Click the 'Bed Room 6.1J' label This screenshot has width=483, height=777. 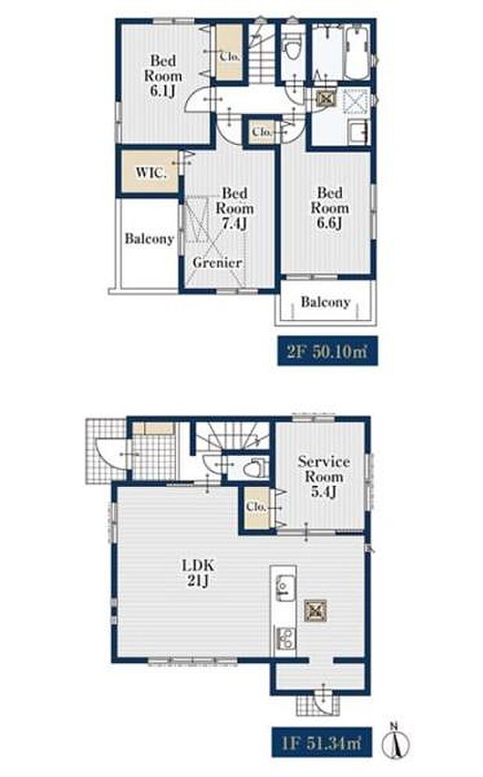(x=163, y=76)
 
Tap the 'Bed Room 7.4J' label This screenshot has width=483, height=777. (x=234, y=208)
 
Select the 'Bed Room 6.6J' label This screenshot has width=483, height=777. (x=330, y=207)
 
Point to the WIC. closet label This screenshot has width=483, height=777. (x=150, y=172)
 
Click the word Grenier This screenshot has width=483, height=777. (x=217, y=263)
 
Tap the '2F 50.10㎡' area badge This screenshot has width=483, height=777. (x=327, y=351)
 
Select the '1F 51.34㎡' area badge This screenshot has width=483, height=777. (x=322, y=742)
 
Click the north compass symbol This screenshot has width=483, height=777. (x=396, y=741)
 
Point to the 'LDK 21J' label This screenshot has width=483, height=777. (x=198, y=572)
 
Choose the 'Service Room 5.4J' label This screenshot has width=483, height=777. (x=323, y=476)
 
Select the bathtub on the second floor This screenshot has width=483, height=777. (x=357, y=53)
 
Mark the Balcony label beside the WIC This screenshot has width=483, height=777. (x=149, y=238)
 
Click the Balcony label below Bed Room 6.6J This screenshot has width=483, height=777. (x=326, y=302)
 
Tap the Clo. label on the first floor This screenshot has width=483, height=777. (x=256, y=507)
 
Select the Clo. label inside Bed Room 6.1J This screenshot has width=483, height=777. (x=230, y=56)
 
